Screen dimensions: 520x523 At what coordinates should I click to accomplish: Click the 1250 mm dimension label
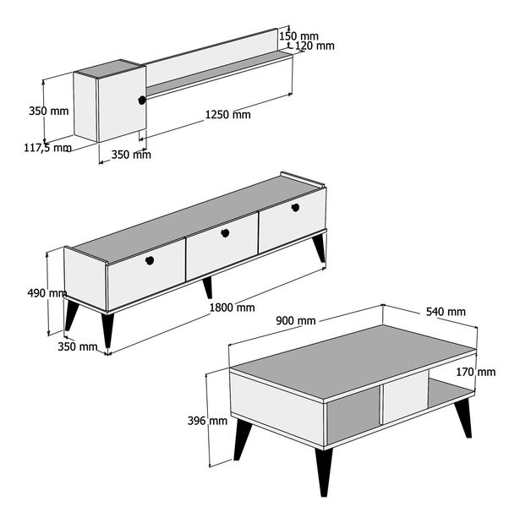click(x=227, y=115)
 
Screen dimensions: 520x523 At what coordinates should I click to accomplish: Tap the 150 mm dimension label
click(x=298, y=35)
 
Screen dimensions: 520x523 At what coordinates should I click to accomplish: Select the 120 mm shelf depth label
click(x=315, y=46)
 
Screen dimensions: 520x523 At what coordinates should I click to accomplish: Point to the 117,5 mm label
click(x=47, y=147)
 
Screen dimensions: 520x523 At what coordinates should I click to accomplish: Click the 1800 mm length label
click(x=232, y=308)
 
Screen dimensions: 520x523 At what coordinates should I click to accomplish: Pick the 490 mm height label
click(x=47, y=293)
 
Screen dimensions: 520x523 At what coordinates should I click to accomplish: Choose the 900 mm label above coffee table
click(x=296, y=321)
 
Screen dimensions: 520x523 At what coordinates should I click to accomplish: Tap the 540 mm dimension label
click(x=446, y=312)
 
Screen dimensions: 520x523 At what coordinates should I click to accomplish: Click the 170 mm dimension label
click(x=475, y=372)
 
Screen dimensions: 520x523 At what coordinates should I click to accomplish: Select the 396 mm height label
click(x=207, y=421)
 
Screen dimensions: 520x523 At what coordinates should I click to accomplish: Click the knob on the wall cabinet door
click(x=142, y=100)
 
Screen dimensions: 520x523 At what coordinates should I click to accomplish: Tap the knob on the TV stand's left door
click(x=150, y=260)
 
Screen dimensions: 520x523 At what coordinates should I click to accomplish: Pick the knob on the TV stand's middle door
click(x=225, y=233)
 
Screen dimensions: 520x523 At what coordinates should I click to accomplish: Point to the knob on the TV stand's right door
click(x=295, y=208)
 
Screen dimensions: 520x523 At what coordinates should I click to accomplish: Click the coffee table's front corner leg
click(x=324, y=471)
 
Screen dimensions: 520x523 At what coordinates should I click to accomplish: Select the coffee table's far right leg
click(x=464, y=417)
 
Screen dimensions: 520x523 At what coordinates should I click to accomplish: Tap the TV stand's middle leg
click(x=208, y=287)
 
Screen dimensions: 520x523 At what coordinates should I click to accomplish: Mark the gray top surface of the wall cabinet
click(x=109, y=68)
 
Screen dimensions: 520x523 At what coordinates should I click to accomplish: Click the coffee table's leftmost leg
click(x=242, y=439)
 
